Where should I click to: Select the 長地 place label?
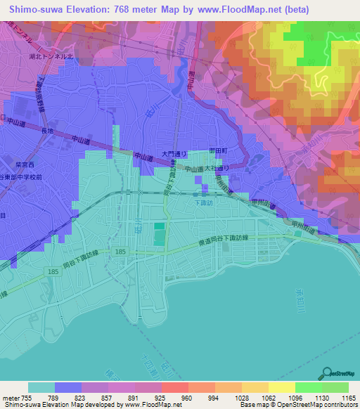click(x=47, y=130)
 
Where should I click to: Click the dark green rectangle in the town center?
click(x=160, y=235)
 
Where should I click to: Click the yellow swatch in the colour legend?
click(x=281, y=387)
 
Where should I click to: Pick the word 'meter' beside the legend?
click(x=12, y=396)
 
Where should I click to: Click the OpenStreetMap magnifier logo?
click(x=328, y=372)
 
